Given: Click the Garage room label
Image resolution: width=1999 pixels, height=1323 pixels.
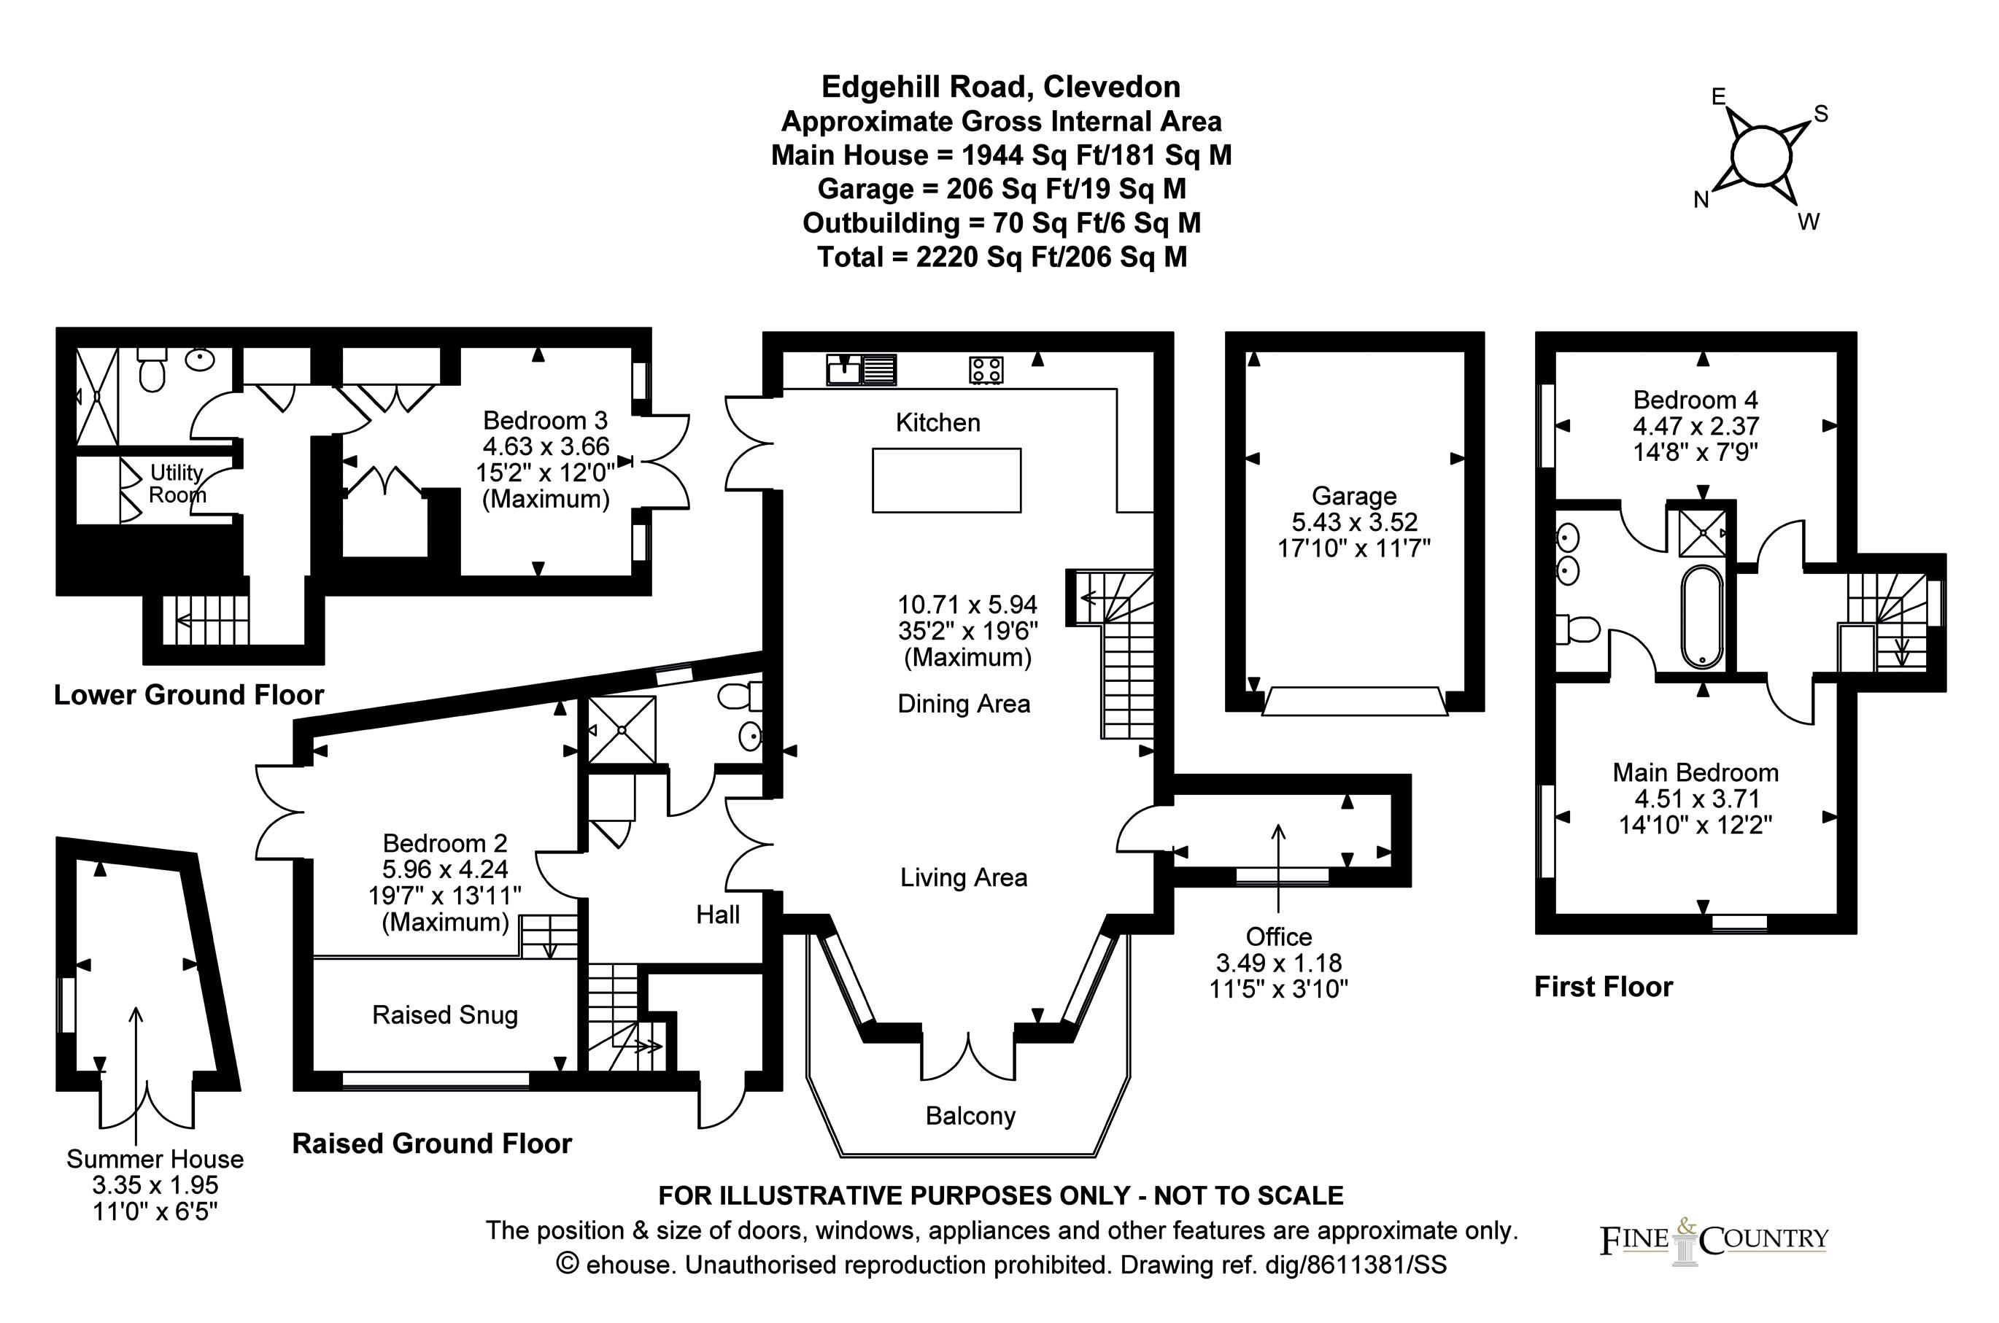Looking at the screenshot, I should coord(1353,496).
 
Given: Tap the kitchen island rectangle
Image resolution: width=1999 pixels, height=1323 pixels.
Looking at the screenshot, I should coord(946,480).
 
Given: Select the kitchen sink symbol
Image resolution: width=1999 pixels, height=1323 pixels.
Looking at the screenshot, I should coord(861,370).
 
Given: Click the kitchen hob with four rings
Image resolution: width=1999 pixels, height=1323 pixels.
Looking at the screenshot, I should coord(986,370).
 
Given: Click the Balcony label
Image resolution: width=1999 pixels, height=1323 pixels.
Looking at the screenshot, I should coord(970,1117).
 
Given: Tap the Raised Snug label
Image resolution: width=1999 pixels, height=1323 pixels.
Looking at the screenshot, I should coord(445,1015).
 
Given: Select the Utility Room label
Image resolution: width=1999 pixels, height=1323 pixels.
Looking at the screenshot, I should coord(177,484).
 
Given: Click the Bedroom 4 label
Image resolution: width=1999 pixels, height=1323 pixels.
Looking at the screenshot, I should coord(1696,399).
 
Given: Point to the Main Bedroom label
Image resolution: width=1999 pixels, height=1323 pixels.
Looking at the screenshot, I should coord(1696,772).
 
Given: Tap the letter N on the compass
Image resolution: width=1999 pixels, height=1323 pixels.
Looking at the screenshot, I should coord(1701,200).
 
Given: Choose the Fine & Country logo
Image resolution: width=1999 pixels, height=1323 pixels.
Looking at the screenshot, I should coord(1713,1241).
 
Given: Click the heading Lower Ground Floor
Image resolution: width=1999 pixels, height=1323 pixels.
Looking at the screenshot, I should coord(189,695).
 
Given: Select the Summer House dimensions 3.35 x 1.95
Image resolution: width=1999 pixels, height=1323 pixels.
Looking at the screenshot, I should coord(155,1185).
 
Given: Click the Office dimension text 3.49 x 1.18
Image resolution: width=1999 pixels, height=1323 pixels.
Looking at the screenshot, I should coord(1278,963).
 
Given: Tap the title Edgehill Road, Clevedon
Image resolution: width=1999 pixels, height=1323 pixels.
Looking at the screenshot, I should coord(1001,87).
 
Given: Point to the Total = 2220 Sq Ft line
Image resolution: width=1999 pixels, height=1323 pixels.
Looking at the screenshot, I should coord(1001,257).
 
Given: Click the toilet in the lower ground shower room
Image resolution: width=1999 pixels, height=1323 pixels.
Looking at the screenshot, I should coord(152,371).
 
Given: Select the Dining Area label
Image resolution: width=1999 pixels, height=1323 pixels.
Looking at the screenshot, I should coord(964,704).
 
